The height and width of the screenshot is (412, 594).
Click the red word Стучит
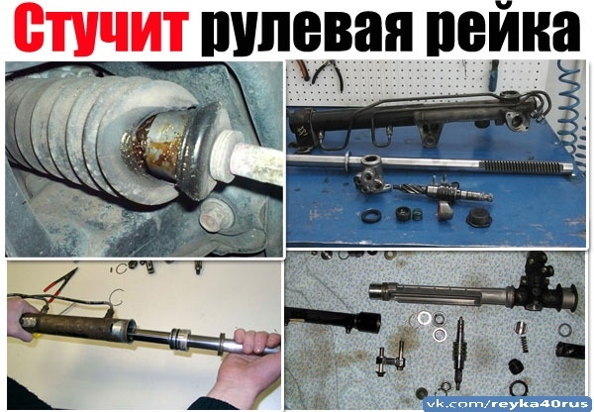point(101,29)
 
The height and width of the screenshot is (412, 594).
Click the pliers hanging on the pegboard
point(327,74)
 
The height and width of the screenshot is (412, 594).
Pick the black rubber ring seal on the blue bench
point(371,216)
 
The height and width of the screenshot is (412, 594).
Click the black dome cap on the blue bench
point(479,217)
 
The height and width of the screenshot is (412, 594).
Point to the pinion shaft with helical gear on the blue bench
point(444,191)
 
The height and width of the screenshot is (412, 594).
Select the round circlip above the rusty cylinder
point(117,297)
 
